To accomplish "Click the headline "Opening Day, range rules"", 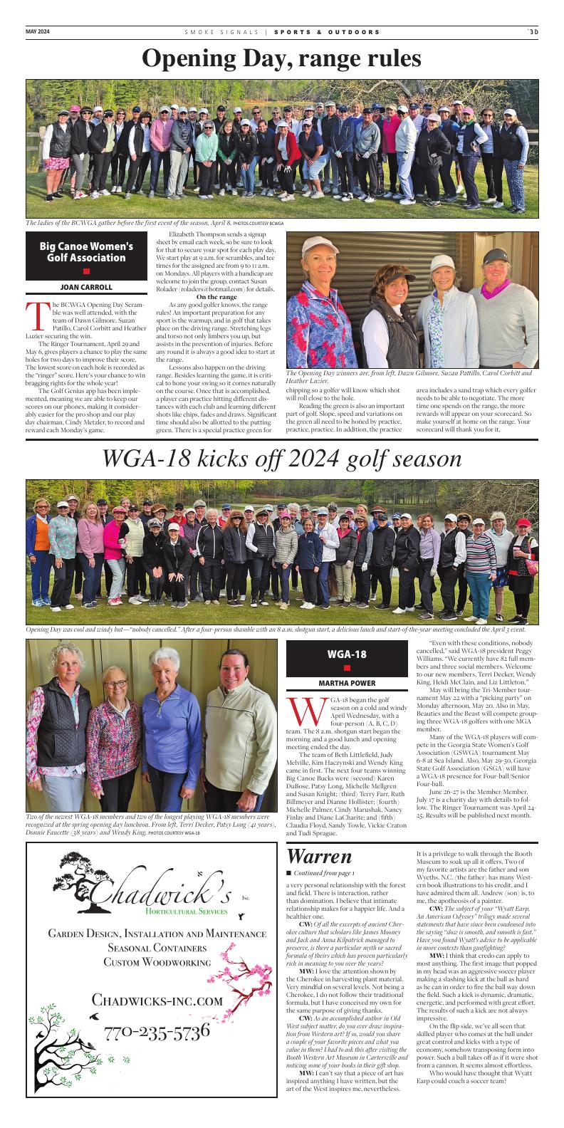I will pyautogui.click(x=281, y=58).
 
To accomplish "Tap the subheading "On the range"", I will pyautogui.click(x=216, y=296).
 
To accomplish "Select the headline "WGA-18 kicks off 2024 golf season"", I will pyautogui.click(x=281, y=459).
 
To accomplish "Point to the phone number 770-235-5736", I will pyautogui.click(x=157, y=1032).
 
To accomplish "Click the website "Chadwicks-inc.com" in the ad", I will pyautogui.click(x=157, y=1001).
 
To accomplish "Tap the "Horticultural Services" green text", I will pyautogui.click(x=186, y=911).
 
